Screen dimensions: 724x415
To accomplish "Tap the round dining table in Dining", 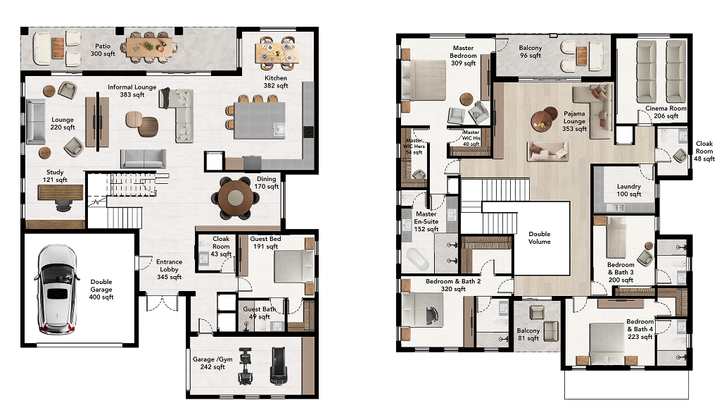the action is tap(235, 197).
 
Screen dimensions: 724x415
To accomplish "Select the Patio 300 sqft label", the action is tap(103, 50).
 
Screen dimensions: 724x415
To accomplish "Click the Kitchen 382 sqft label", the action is tap(276, 82).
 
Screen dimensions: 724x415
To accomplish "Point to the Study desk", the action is tap(61, 192).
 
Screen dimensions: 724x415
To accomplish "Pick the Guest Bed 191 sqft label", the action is tap(265, 242).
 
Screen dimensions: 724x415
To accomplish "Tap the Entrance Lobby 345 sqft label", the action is tap(169, 269).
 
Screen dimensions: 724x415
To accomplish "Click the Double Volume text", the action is tap(539, 237).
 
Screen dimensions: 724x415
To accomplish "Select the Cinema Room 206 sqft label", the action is tap(666, 112).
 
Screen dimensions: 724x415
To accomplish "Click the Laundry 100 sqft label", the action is tap(629, 190).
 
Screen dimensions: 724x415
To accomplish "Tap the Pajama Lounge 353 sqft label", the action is tap(574, 121).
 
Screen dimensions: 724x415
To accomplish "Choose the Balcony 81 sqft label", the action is tap(528, 334).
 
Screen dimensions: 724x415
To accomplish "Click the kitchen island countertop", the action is tap(259, 120).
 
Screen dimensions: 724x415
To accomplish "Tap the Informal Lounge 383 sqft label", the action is tap(132, 91).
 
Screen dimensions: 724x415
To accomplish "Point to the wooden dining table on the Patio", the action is tap(149, 47).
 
